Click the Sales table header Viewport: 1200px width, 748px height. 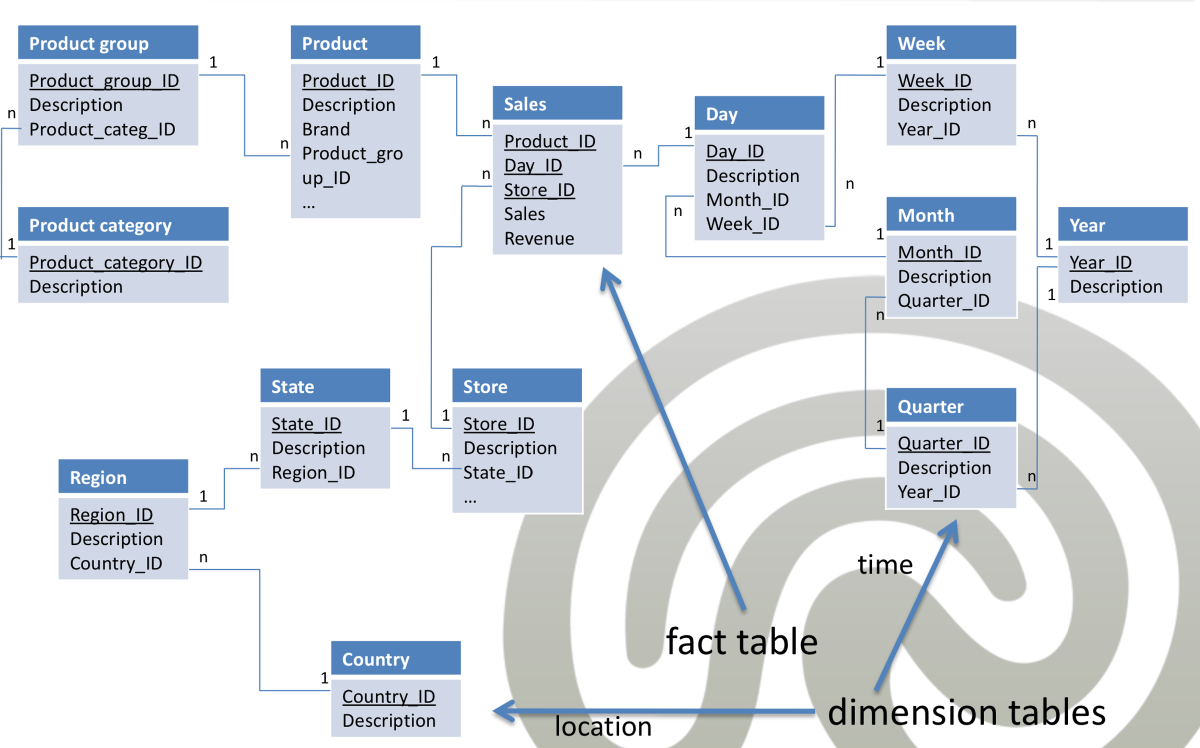pyautogui.click(x=557, y=103)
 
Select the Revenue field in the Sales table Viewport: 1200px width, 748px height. pyautogui.click(x=539, y=239)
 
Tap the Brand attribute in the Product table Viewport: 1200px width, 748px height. pyautogui.click(x=326, y=129)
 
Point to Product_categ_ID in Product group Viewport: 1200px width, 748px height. pyautogui.click(x=102, y=130)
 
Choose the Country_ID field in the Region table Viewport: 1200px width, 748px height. pyautogui.click(x=116, y=564)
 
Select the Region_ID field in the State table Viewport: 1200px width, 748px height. pyautogui.click(x=314, y=473)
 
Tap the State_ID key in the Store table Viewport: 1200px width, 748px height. pyautogui.click(x=498, y=473)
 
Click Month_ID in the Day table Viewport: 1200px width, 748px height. pyautogui.click(x=747, y=200)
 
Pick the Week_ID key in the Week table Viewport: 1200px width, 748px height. pyautogui.click(x=934, y=81)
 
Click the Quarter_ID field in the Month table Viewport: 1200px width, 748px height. pyautogui.click(x=944, y=301)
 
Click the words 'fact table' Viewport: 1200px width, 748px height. pyautogui.click(x=742, y=641)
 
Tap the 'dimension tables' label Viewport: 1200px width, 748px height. pyautogui.click(x=967, y=712)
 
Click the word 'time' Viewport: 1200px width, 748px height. pyautogui.click(x=885, y=565)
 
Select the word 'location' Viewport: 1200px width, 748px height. pyautogui.click(x=603, y=727)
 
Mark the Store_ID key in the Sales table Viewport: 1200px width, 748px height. pyautogui.click(x=539, y=190)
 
